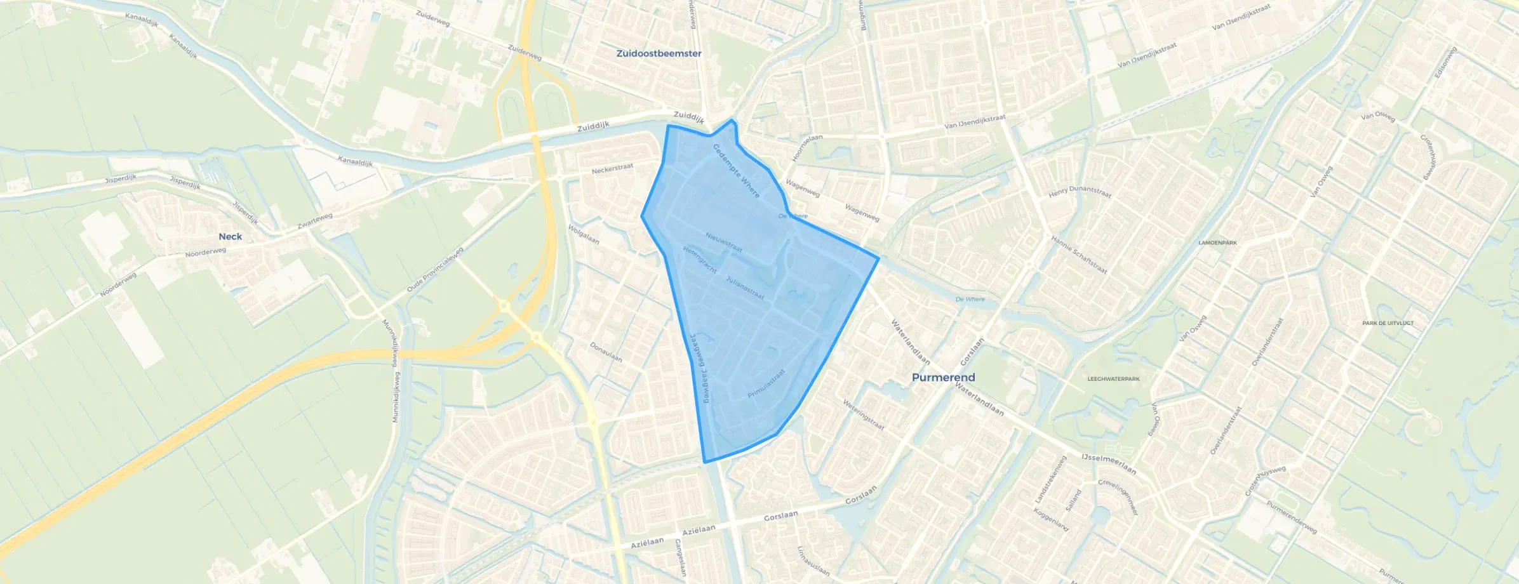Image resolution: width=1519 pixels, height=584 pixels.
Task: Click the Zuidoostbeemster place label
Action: pyautogui.click(x=659, y=53)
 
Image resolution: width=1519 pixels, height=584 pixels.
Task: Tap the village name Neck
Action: pyautogui.click(x=230, y=236)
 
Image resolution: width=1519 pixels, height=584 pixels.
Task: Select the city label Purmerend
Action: pyautogui.click(x=943, y=377)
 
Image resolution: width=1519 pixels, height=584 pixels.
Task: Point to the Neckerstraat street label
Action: pyautogui.click(x=612, y=169)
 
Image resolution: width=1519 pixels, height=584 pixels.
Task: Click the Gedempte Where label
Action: pyautogui.click(x=736, y=171)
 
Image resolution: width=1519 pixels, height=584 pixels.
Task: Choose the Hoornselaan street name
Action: pyautogui.click(x=807, y=148)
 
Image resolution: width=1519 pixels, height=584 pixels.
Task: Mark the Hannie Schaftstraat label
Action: pyautogui.click(x=1079, y=255)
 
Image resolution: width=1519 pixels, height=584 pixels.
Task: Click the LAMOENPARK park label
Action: pyautogui.click(x=1217, y=242)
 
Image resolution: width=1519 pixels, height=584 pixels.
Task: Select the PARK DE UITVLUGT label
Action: pyautogui.click(x=1388, y=323)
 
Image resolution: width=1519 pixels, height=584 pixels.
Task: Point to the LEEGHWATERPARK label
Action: pyautogui.click(x=1113, y=379)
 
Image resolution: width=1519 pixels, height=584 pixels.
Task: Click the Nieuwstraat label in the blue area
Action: pyautogui.click(x=724, y=242)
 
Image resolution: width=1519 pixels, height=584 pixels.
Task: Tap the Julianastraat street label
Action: pyautogui.click(x=745, y=288)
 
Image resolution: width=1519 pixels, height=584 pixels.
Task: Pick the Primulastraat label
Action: pyautogui.click(x=766, y=384)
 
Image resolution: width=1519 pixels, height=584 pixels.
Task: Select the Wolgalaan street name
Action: pyautogui.click(x=584, y=234)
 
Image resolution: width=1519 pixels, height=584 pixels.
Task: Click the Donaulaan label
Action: pyautogui.click(x=606, y=352)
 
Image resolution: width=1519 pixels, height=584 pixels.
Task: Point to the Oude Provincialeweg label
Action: pyautogui.click(x=436, y=270)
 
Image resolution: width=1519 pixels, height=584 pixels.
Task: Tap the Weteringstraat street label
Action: pyautogui.click(x=863, y=415)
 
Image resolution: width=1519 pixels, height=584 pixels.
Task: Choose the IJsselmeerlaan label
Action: pyautogui.click(x=1108, y=464)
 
